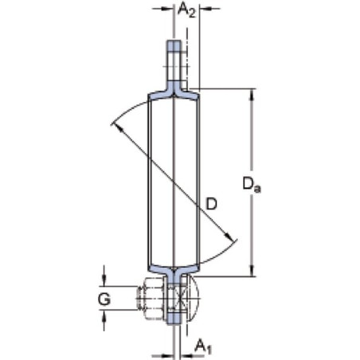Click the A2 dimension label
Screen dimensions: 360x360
186,10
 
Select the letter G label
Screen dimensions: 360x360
104,299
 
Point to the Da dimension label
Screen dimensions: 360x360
252,185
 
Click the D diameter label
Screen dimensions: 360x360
212,204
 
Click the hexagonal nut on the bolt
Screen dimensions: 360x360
153,298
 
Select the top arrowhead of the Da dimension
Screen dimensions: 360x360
252,95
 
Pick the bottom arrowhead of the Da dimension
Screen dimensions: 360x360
252,271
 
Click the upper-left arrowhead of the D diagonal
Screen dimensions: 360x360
118,128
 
